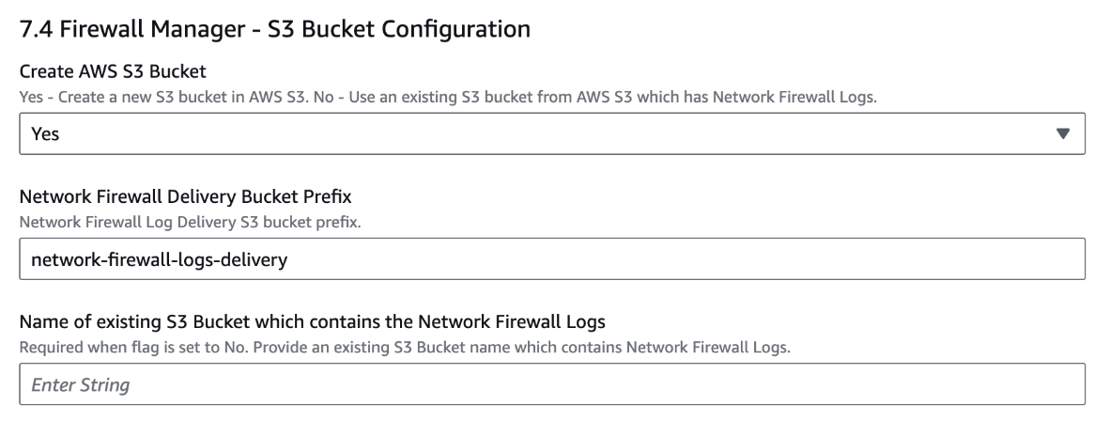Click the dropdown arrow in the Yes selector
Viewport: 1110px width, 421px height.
[1063, 133]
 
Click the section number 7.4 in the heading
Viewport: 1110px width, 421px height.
[36, 30]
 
